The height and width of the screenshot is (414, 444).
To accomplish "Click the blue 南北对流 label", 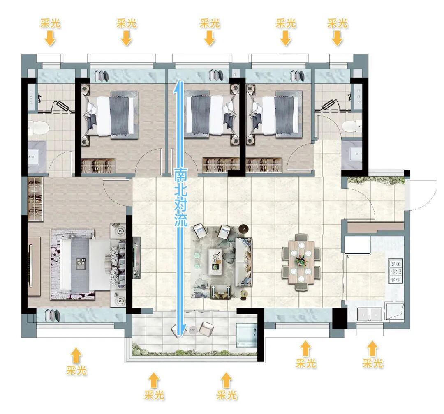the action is click(181, 197).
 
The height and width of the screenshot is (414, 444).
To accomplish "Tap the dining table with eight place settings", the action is click(301, 262).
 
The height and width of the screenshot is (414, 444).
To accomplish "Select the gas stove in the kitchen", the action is click(396, 271).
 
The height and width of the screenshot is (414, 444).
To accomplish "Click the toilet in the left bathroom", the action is click(39, 128).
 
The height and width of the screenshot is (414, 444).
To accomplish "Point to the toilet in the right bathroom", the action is click(351, 126).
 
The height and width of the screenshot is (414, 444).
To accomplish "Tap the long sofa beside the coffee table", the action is click(244, 262).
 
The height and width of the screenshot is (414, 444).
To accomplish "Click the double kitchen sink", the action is click(370, 314).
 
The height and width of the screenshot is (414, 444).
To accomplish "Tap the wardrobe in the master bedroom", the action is click(35, 199).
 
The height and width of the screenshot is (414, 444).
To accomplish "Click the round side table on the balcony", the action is click(193, 329).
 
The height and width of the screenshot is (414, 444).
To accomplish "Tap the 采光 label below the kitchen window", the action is click(372, 363).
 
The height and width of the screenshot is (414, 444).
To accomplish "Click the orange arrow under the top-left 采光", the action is click(50, 38).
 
